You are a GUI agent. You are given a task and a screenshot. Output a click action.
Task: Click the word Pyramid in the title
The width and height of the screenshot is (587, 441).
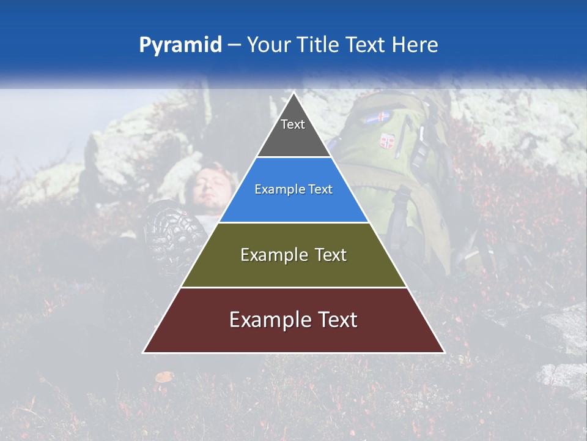[180, 45]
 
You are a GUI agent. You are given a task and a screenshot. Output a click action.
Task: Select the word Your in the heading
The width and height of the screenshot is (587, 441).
[268, 45]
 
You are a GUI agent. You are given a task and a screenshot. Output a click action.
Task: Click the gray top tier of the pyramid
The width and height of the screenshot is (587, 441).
[293, 132]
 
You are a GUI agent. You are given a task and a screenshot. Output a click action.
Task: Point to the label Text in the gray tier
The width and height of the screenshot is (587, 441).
[293, 124]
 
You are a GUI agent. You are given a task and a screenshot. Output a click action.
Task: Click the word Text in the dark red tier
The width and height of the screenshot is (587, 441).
[335, 320]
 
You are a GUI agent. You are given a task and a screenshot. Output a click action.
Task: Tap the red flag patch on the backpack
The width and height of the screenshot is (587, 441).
[386, 141]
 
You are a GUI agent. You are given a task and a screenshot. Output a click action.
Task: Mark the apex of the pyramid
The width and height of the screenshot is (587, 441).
[293, 94]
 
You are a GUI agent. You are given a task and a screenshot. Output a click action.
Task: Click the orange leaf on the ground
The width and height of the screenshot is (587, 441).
[164, 377]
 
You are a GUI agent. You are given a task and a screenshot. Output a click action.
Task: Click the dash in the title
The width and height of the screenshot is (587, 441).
[234, 45]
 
